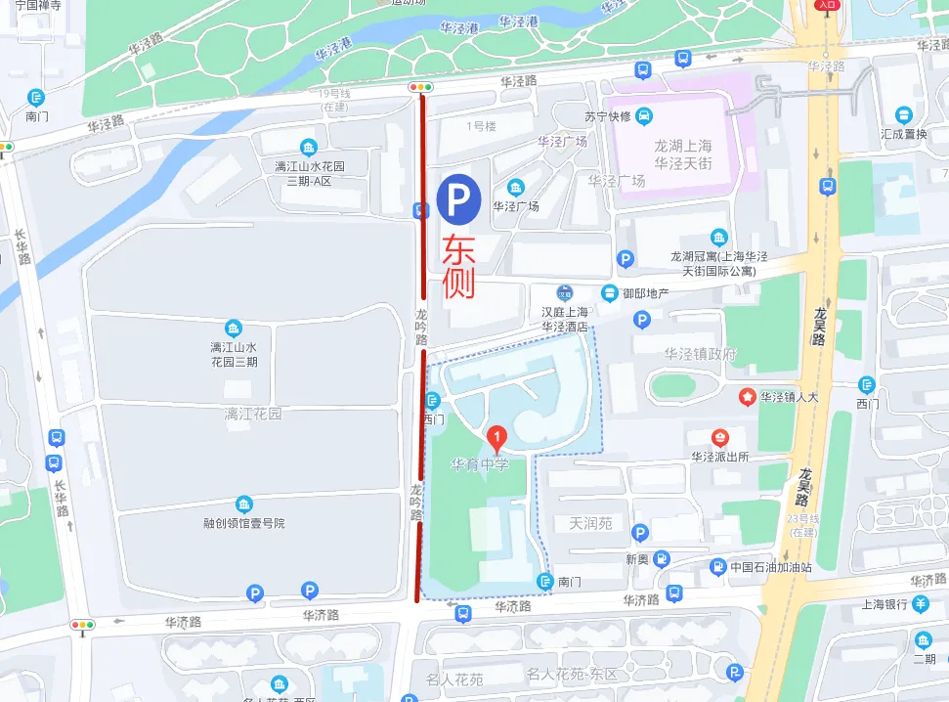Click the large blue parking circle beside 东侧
click(x=458, y=198)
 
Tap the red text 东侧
click(x=458, y=267)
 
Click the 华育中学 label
click(x=480, y=464)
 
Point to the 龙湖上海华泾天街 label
click(x=683, y=154)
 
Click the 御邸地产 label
click(x=646, y=293)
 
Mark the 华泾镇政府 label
click(x=700, y=354)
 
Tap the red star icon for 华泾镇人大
click(x=748, y=397)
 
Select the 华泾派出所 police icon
click(x=720, y=437)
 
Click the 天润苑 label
click(x=590, y=523)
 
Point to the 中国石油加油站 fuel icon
click(x=718, y=566)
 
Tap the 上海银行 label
click(x=884, y=604)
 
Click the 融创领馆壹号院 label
click(x=243, y=523)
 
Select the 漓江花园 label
click(x=252, y=414)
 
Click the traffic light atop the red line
click(x=421, y=88)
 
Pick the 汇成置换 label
click(x=903, y=134)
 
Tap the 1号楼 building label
click(x=481, y=126)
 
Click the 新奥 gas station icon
click(x=662, y=559)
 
